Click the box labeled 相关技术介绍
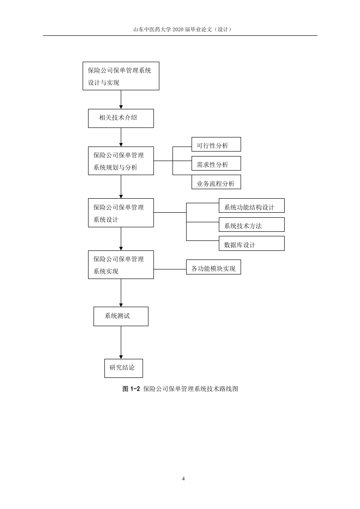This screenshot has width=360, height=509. click(x=121, y=118)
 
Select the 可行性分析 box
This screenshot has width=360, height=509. click(x=216, y=144)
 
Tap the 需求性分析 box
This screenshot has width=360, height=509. click(x=216, y=163)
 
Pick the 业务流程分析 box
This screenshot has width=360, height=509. click(x=216, y=182)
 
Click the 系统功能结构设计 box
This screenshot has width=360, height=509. click(x=252, y=206)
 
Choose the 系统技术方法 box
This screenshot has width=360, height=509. click(x=252, y=225)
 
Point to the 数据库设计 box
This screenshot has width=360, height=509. click(x=252, y=244)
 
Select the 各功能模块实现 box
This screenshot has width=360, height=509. click(x=213, y=267)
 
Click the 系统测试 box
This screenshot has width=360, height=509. click(x=121, y=317)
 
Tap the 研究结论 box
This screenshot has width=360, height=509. click(x=123, y=368)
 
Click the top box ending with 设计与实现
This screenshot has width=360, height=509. click(x=121, y=76)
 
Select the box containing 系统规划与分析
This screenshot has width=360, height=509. click(x=121, y=161)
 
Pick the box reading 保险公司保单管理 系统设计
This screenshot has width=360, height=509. click(x=121, y=213)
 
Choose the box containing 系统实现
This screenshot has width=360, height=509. click(x=121, y=264)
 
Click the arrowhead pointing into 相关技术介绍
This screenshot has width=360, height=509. click(x=121, y=107)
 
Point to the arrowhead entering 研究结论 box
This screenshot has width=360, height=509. click(x=121, y=357)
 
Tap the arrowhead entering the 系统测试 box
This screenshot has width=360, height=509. click(x=121, y=305)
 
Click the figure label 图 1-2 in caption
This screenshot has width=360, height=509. click(x=131, y=389)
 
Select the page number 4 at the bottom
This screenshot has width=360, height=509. click(x=183, y=479)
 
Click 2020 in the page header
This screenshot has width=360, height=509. click(x=178, y=29)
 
